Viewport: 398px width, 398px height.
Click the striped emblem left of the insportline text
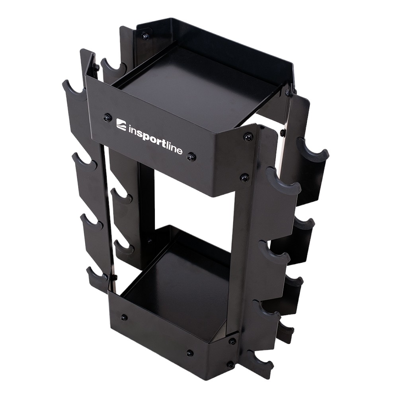(121, 123)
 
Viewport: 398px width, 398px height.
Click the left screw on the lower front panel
(124, 317)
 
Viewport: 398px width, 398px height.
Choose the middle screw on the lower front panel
(190, 353)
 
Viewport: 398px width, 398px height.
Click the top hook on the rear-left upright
(111, 66)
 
